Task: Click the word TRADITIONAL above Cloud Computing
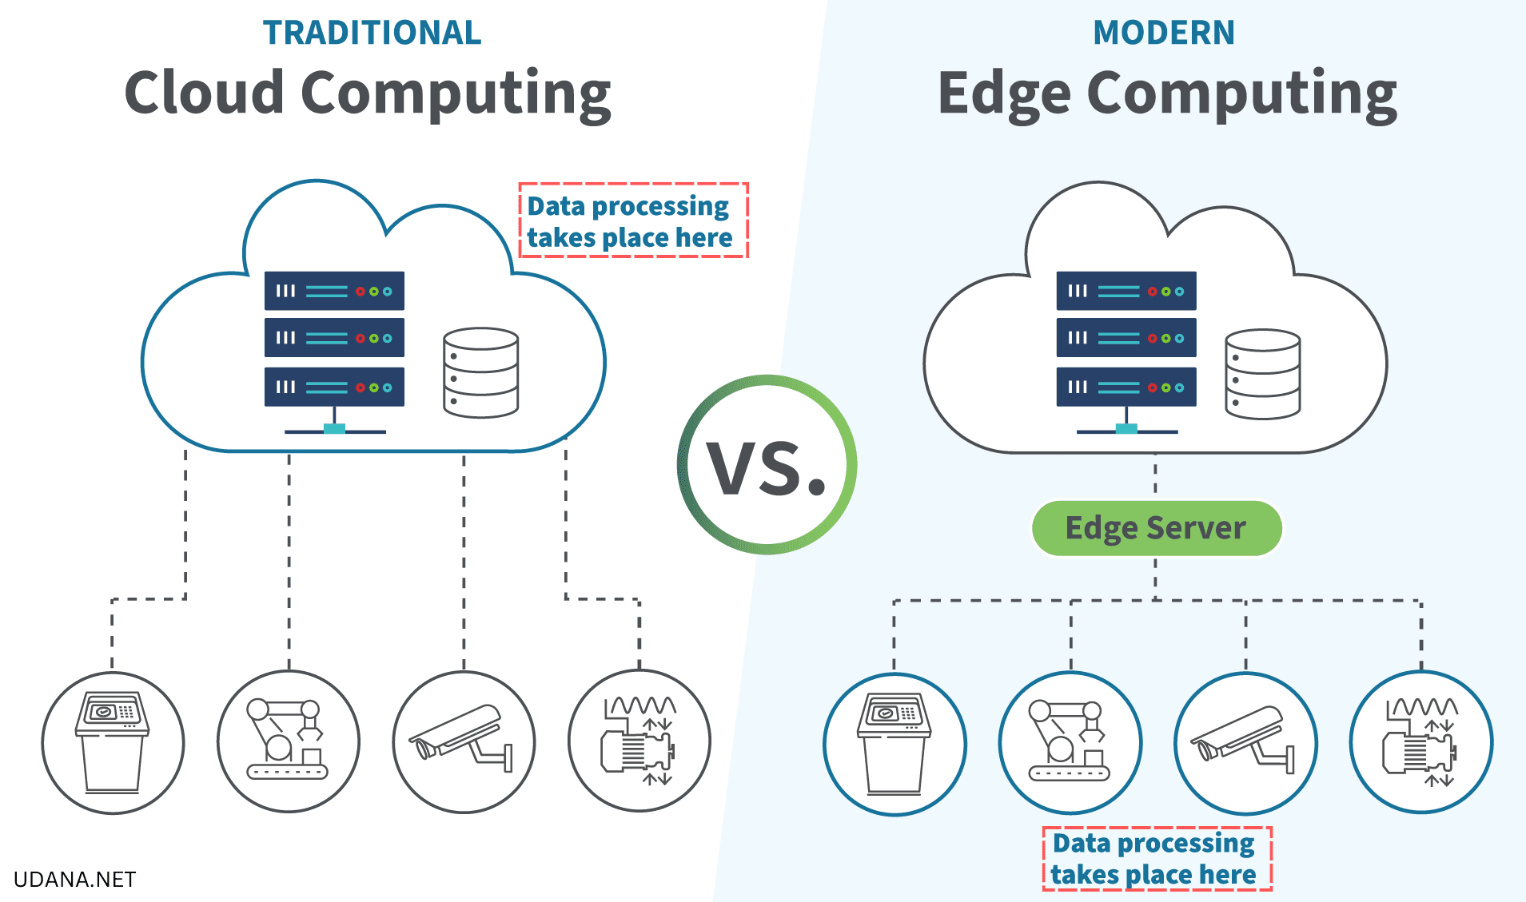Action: coord(372,33)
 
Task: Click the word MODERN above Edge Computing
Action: coord(1163,33)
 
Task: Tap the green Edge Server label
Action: coord(1156,528)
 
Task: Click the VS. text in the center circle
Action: coord(766,468)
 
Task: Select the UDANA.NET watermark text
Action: coord(75,880)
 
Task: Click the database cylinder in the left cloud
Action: coord(480,372)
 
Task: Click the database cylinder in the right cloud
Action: coord(1262,374)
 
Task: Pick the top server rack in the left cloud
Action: coord(334,291)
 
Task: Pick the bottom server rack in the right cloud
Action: coord(1126,387)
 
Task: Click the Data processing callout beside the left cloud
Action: coord(632,221)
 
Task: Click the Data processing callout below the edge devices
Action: coord(1156,859)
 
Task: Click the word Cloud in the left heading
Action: coord(205,93)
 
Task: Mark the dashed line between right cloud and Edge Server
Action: coord(1155,476)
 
